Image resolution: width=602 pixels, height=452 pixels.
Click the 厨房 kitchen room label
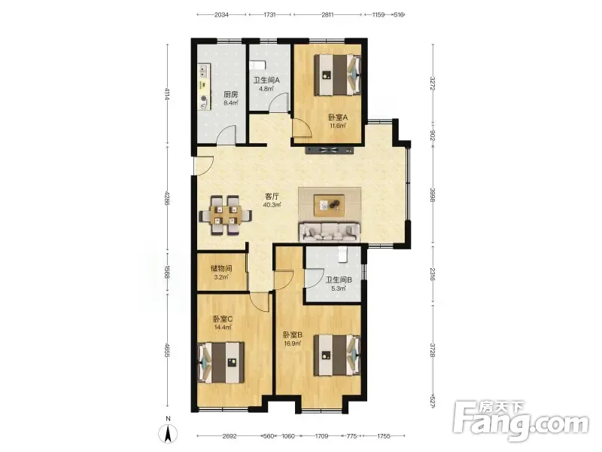pyautogui.click(x=231, y=94)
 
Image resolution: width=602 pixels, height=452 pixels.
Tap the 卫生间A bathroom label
pyautogui.click(x=266, y=81)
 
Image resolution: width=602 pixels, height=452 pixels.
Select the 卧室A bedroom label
pyautogui.click(x=338, y=118)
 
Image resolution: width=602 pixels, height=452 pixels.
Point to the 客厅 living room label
pyautogui.click(x=272, y=197)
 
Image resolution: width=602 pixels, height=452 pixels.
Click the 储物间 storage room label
pyautogui.click(x=221, y=268)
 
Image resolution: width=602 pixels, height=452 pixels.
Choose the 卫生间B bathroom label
pyautogui.click(x=339, y=279)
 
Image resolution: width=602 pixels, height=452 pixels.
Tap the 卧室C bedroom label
pyautogui.click(x=223, y=319)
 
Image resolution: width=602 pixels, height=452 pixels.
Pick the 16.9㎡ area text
pyautogui.click(x=292, y=344)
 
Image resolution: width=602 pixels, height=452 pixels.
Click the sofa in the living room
pyautogui.click(x=330, y=231)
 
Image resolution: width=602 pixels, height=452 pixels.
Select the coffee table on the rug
pyautogui.click(x=329, y=205)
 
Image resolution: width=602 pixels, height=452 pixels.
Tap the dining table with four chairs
pyautogui.click(x=225, y=215)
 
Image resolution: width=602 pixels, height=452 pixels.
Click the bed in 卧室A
pyautogui.click(x=338, y=75)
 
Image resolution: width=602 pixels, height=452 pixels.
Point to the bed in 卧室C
pyautogui.click(x=220, y=362)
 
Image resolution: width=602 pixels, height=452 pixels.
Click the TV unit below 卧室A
pyautogui.click(x=329, y=150)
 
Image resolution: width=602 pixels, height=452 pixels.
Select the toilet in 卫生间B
pyautogui.click(x=342, y=255)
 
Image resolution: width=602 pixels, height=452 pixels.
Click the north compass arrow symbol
pyautogui.click(x=168, y=435)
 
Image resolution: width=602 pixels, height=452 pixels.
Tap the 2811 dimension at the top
pyautogui.click(x=327, y=15)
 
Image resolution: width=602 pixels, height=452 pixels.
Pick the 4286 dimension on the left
pyautogui.click(x=166, y=198)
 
